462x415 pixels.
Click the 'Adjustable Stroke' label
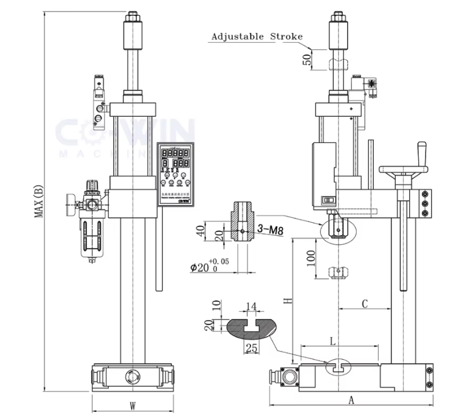click(256, 37)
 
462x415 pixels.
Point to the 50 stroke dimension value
click(308, 59)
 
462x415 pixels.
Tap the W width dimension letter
click(132, 405)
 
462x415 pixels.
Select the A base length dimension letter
click(351, 400)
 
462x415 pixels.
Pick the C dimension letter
click(365, 302)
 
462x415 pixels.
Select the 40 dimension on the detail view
click(218, 231)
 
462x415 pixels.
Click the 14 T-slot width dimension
click(250, 306)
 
